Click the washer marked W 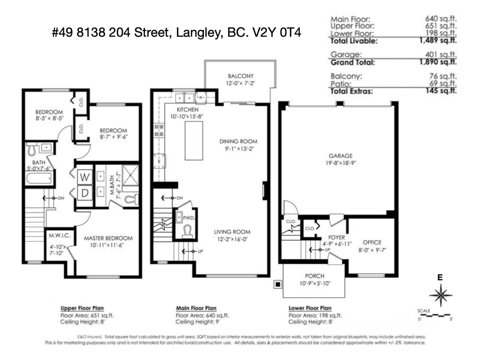[85, 177]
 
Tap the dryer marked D [85, 193]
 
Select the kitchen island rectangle [193, 141]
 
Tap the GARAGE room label [340, 156]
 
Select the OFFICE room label [372, 242]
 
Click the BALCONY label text [241, 76]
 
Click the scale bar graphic [438, 315]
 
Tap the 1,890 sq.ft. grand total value [438, 62]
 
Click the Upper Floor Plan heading [82, 308]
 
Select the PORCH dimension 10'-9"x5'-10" [315, 283]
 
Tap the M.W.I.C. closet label [60, 236]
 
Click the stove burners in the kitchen [159, 130]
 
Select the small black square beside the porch [278, 284]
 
